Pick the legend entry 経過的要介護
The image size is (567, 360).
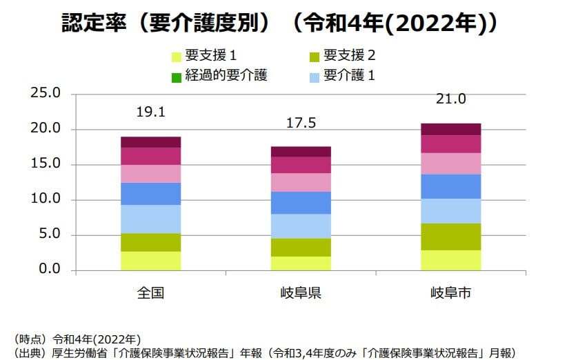click(225, 75)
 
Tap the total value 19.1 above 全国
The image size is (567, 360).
click(150, 112)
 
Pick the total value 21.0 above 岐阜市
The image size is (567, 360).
click(451, 99)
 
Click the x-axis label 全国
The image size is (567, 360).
click(150, 293)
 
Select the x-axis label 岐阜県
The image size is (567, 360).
click(301, 293)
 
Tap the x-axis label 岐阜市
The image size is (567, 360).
click(451, 293)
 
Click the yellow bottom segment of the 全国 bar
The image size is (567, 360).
click(150, 261)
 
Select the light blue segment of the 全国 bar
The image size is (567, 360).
click(150, 219)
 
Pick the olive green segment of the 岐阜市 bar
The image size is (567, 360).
click(451, 237)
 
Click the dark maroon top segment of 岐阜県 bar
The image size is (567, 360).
click(301, 151)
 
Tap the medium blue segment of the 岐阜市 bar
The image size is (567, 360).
click(451, 186)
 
